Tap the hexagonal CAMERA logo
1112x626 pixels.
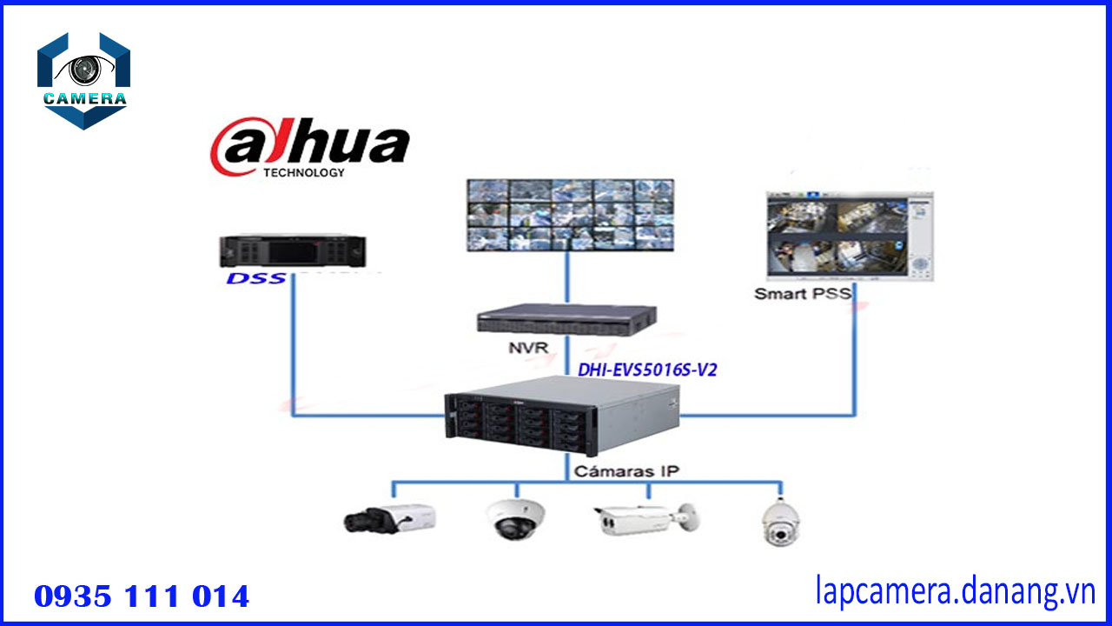click(83, 81)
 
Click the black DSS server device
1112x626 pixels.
click(291, 250)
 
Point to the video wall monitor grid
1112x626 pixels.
click(570, 215)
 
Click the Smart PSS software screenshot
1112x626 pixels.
click(851, 236)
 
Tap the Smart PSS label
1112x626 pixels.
click(802, 293)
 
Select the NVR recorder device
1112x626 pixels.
click(566, 320)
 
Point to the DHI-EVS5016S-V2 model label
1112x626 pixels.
click(647, 370)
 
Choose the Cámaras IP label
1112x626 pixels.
click(626, 471)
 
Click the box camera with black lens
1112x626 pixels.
click(389, 518)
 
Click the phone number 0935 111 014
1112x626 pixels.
click(142, 596)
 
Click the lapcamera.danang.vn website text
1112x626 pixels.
click(956, 592)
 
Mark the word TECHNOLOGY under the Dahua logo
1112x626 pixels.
click(303, 172)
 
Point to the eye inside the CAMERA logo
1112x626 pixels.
click(84, 69)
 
